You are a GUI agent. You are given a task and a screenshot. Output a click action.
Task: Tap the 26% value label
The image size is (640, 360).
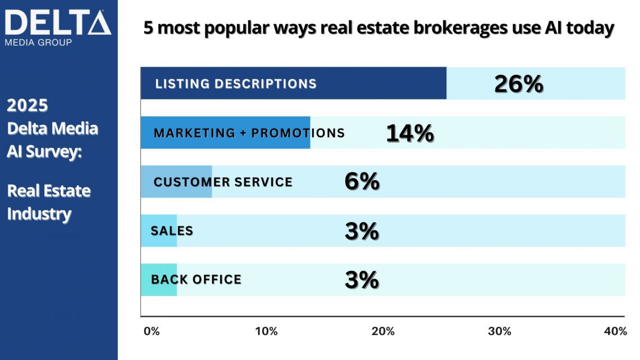518,84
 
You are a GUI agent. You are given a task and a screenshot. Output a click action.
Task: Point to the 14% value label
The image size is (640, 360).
410,133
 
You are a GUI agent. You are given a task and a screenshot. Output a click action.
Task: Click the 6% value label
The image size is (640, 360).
362,182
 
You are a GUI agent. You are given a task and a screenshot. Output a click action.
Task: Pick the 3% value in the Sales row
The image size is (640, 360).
362,231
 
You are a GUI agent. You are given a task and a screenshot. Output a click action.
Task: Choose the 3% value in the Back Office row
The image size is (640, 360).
362,280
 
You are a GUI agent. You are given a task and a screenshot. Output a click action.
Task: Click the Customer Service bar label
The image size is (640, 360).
223,182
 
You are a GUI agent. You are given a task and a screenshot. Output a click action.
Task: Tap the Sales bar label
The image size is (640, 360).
172,231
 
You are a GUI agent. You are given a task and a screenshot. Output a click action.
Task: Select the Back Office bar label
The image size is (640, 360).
196,280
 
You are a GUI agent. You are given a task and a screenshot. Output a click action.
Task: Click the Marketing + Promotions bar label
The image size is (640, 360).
249,133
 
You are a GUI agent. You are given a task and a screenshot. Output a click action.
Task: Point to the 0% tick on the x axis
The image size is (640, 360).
152,331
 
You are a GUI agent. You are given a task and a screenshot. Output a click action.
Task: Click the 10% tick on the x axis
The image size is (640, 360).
266,331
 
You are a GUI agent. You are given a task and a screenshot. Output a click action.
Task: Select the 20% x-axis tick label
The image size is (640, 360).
383,331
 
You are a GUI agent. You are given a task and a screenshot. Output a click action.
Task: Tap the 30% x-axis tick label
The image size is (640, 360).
499,331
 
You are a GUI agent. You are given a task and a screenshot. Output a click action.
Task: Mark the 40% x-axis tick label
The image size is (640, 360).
615,331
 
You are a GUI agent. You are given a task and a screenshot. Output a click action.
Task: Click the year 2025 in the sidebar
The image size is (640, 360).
28,105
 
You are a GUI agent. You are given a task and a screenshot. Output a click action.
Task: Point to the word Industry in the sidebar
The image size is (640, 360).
39,214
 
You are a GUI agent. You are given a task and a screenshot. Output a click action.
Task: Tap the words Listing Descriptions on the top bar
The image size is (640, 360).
236,84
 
